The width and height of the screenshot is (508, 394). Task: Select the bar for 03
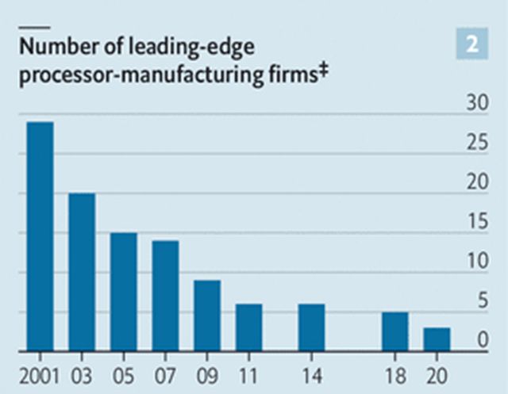(x=82, y=272)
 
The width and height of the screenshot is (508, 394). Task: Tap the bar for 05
(x=123, y=292)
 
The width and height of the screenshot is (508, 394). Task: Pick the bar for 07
(x=165, y=296)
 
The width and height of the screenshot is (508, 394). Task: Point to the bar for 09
(x=207, y=316)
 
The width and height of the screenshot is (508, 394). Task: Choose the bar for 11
(x=248, y=327)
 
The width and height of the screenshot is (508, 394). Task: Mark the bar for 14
(x=311, y=327)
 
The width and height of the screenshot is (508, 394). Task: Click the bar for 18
(x=394, y=331)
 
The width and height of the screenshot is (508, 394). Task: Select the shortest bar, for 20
(x=437, y=339)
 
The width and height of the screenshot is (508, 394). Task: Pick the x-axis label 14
(x=311, y=372)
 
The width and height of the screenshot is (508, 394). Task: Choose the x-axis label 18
(x=394, y=372)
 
